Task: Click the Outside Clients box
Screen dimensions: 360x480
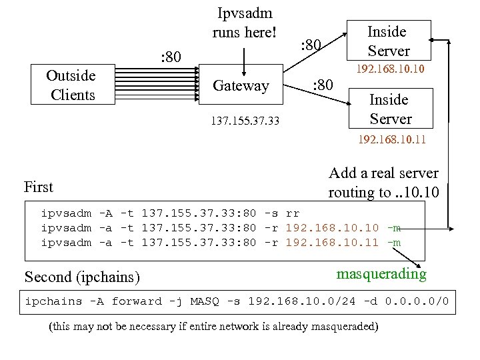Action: [72, 85]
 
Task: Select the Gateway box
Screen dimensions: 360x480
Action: [241, 85]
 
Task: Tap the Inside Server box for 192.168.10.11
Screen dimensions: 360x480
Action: [390, 109]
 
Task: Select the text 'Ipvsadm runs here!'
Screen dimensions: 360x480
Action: [244, 23]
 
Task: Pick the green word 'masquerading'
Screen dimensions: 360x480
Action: [381, 274]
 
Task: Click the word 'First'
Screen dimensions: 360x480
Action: [38, 187]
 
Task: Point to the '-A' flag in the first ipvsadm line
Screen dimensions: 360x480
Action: [105, 214]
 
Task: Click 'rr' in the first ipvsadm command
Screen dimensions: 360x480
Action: [292, 214]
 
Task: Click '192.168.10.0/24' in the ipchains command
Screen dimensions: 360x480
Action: [301, 301]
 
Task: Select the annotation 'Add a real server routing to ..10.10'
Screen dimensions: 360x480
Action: [383, 183]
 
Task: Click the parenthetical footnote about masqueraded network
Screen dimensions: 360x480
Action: [213, 327]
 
